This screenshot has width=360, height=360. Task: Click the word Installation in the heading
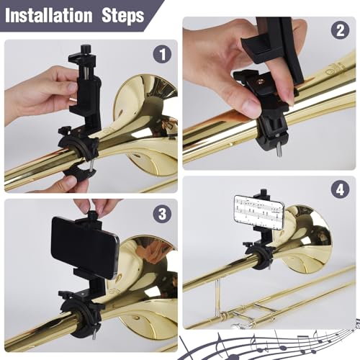tap(48, 15)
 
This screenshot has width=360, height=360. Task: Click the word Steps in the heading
tap(119, 15)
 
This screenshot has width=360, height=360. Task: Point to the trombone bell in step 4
tap(306, 238)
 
